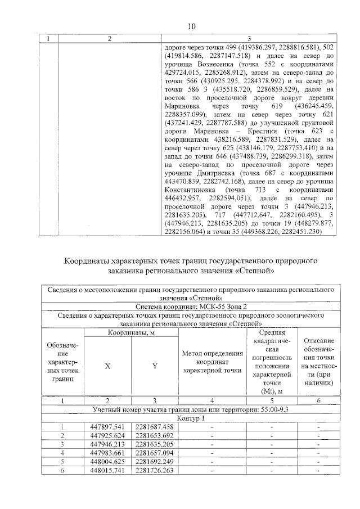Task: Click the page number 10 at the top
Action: click(x=191, y=26)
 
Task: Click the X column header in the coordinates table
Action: click(x=107, y=366)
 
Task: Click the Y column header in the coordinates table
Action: click(x=155, y=366)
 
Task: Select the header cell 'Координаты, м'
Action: click(x=131, y=334)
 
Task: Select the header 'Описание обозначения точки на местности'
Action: click(x=318, y=362)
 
